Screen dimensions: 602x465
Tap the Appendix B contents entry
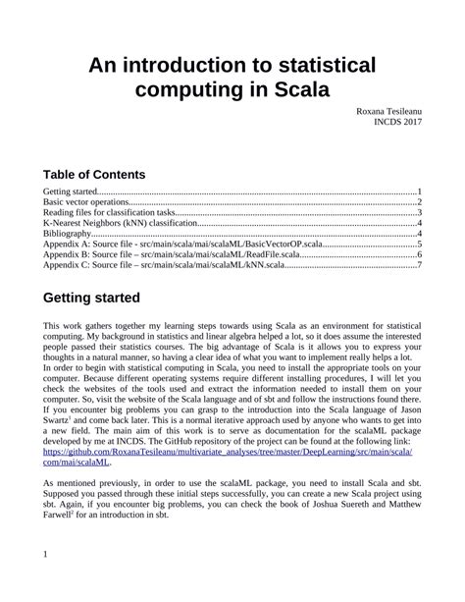[x=177, y=255]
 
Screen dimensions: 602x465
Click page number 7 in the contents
[x=419, y=266]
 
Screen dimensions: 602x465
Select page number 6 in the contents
[x=419, y=255]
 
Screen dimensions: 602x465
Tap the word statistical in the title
[x=316, y=66]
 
